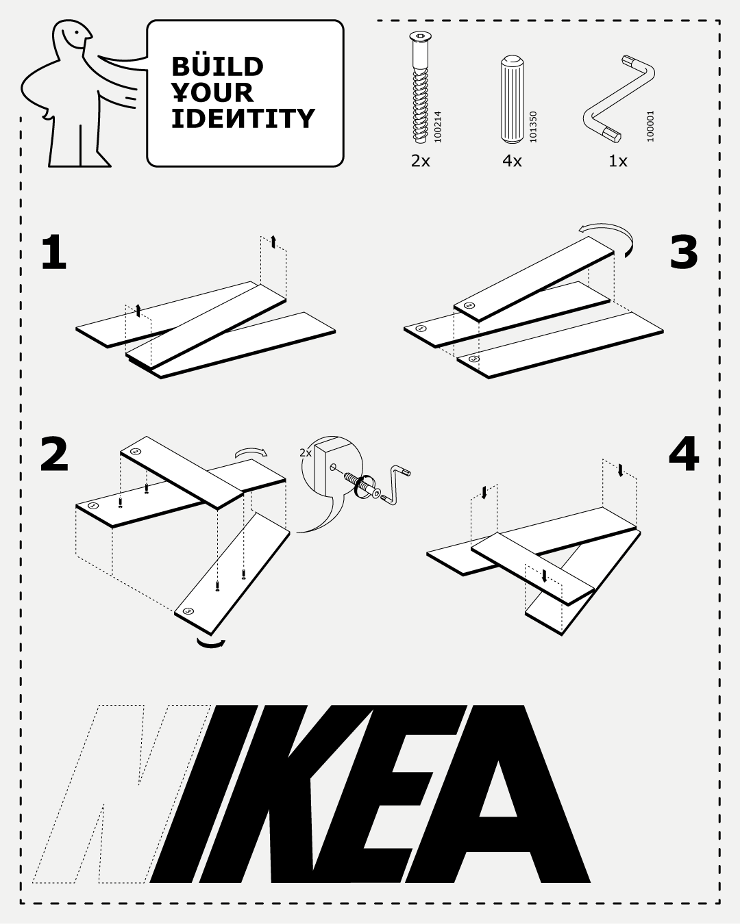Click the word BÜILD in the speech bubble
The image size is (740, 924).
click(217, 66)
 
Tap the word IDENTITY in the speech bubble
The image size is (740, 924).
click(243, 118)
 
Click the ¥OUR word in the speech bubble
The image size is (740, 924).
click(212, 92)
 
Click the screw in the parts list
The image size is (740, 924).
click(420, 87)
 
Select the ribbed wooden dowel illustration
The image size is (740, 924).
click(512, 99)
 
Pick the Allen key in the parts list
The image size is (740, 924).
click(619, 99)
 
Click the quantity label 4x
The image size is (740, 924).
click(512, 161)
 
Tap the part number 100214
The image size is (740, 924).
click(438, 127)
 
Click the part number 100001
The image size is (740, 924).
click(650, 126)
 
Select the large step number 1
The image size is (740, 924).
click(53, 253)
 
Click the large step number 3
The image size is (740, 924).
click(683, 253)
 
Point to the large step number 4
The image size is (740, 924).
click(684, 454)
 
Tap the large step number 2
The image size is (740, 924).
click(54, 454)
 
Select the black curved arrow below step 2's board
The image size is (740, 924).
click(210, 643)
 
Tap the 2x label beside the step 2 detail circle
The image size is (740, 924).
click(306, 453)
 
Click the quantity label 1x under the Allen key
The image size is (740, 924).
click(618, 161)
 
